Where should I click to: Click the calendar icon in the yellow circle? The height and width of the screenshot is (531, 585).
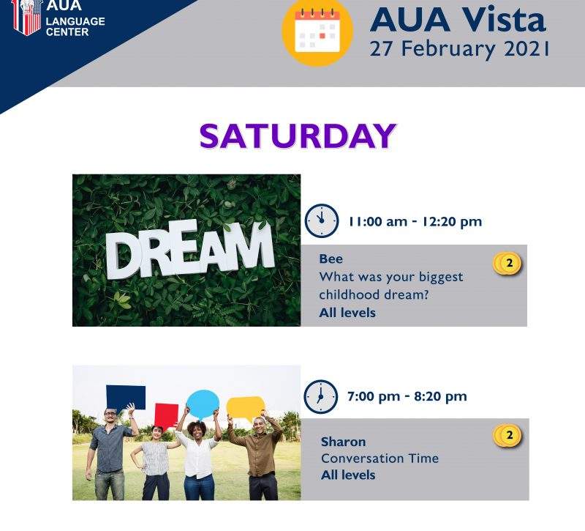317,31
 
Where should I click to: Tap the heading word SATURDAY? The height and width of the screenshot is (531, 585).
298,136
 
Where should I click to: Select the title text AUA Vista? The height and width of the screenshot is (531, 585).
458,20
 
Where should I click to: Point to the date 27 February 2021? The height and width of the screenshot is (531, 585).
459,49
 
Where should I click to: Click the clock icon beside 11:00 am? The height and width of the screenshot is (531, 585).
322,221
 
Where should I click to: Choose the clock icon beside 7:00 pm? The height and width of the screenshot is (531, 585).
321,396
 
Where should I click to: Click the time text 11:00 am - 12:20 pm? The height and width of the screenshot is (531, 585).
415,222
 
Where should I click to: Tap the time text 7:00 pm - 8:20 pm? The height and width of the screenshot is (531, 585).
407,396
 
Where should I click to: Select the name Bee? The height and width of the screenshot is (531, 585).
331,259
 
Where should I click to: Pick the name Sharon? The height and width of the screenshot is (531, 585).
343,442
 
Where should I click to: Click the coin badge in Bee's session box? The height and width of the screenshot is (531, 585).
507,264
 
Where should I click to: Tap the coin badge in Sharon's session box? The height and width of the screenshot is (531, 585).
507,436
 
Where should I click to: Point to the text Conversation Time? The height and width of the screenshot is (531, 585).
380,458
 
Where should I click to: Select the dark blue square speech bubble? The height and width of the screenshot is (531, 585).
126,398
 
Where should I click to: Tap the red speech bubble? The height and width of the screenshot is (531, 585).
166,415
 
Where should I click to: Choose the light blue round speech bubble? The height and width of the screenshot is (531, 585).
203,404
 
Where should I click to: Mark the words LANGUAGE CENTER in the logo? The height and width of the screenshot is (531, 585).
75,26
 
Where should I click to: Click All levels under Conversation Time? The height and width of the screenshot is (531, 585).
348,475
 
